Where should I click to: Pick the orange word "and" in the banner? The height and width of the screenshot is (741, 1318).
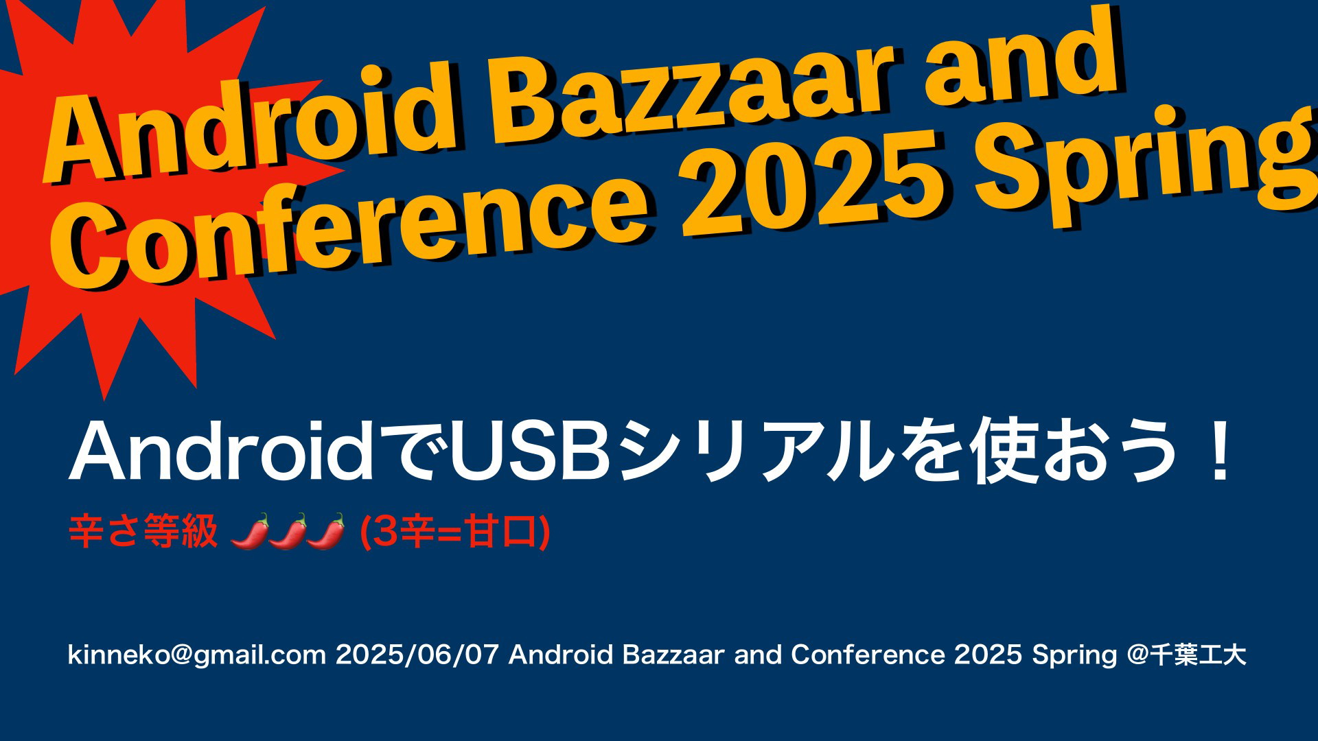click(x=1023, y=58)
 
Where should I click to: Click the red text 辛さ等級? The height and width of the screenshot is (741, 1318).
click(x=143, y=531)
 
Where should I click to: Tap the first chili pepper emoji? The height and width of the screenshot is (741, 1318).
click(x=250, y=531)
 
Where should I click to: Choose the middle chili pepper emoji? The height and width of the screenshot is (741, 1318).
click(x=288, y=531)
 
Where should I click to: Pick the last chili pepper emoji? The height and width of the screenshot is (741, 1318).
click(x=325, y=531)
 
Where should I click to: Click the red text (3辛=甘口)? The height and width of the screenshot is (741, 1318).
click(x=455, y=532)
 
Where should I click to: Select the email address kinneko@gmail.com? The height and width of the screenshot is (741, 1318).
click(x=197, y=655)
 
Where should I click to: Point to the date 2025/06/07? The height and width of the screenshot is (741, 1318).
click(x=417, y=655)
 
